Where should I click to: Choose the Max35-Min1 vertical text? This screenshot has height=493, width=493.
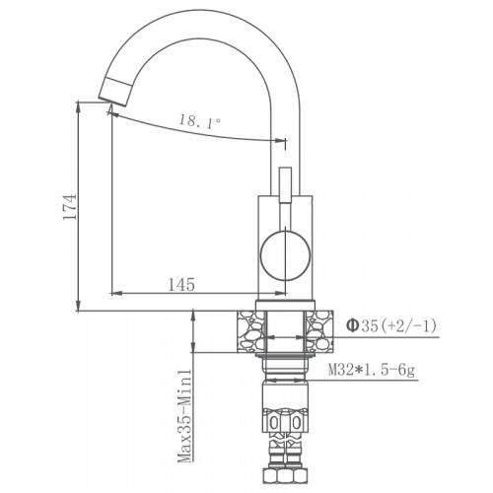(x=184, y=415)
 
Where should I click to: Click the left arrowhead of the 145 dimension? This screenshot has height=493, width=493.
(x=114, y=295)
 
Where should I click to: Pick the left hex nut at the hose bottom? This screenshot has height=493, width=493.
(x=271, y=420)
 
